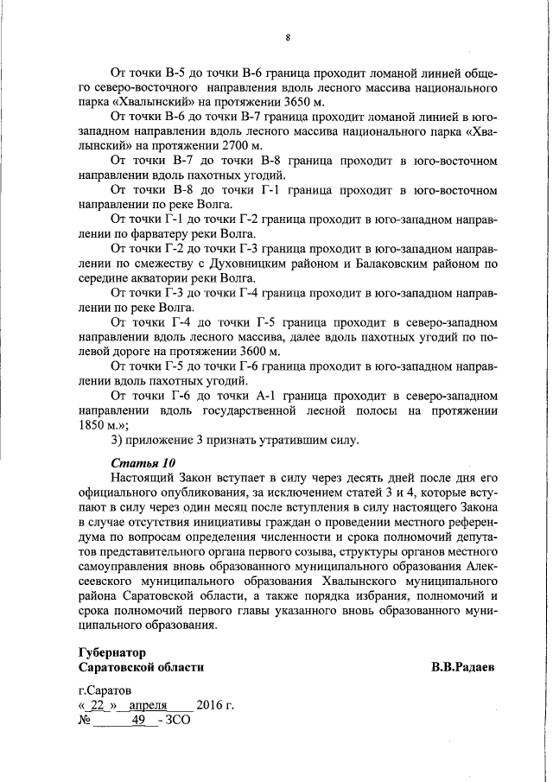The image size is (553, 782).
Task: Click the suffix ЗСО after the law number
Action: pos(178,720)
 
